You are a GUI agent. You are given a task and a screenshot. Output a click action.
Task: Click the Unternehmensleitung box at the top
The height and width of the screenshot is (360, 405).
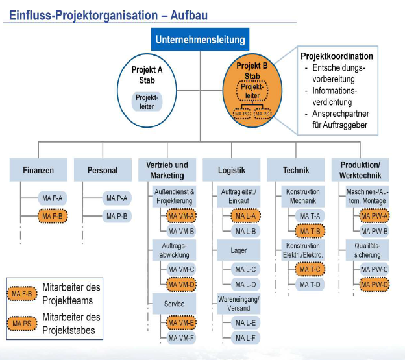pos(201,40)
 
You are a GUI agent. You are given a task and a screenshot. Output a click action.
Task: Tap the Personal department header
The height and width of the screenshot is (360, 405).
pos(103,170)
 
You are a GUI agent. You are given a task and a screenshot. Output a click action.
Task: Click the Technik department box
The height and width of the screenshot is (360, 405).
pos(296,170)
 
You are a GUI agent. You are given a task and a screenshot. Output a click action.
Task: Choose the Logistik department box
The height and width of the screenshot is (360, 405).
pos(232,170)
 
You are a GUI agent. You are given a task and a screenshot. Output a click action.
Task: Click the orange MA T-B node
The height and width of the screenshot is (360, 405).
pos(311,230)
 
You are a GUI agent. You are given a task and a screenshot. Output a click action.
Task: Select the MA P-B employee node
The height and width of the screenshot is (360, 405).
pos(116,215)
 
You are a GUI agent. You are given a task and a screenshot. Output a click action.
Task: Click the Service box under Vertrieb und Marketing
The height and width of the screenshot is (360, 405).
pos(174,303)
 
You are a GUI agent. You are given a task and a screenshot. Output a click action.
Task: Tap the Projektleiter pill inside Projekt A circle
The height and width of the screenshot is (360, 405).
pos(147,102)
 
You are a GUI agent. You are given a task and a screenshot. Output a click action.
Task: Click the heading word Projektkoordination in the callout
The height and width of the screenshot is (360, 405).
pos(337,56)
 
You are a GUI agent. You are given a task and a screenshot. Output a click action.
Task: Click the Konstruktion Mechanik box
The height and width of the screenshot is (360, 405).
pos(302,196)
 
